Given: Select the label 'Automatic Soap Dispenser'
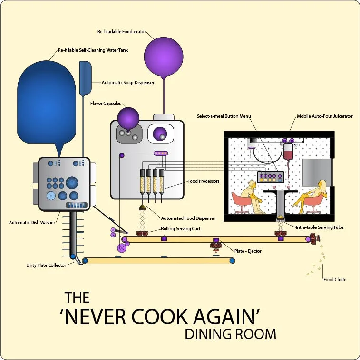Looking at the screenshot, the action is [x=128, y=83].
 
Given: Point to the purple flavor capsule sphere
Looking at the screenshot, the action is [x=128, y=117].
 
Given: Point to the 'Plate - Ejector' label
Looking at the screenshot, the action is [x=248, y=251].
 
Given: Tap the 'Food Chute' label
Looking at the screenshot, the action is [x=334, y=280].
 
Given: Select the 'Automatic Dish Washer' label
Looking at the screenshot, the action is [x=32, y=222].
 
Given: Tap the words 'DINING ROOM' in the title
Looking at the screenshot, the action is [x=230, y=334].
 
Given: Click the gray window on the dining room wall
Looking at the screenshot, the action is [x=316, y=172].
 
